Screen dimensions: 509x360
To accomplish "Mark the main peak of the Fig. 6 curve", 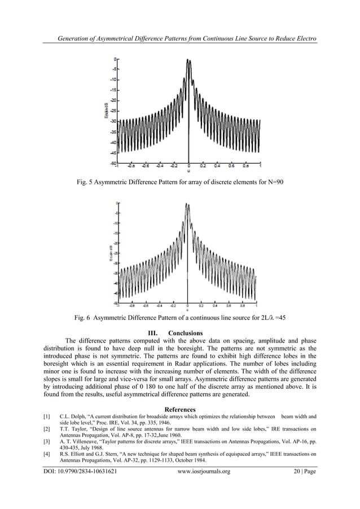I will [187, 204].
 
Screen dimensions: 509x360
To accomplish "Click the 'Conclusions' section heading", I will [185, 332].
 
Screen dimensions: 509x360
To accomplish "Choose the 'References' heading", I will [180, 409].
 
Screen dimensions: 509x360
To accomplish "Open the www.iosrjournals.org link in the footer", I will [204, 471].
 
